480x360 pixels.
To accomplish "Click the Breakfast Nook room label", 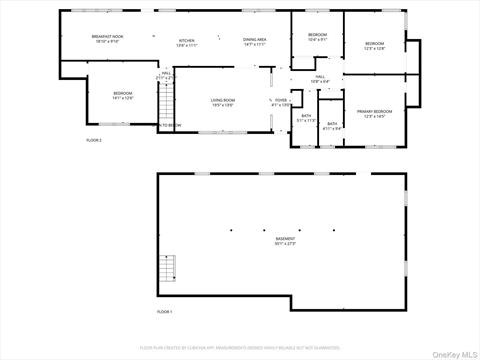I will point(107,39).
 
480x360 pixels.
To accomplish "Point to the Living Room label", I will point(222,102).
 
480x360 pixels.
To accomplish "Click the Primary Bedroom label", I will point(374,113).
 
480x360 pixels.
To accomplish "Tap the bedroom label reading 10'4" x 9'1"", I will point(317,37).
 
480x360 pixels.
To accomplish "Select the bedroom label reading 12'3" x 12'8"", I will point(374,46).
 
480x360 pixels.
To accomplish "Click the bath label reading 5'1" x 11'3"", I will point(305,117).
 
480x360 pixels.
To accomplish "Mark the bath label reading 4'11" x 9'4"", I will point(332,125).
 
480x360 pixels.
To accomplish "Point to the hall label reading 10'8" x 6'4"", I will point(321,78).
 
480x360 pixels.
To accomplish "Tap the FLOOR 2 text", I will point(94,140).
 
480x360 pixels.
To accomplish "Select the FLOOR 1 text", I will point(165,312).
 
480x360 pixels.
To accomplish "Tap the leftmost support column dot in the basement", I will point(230,230).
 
